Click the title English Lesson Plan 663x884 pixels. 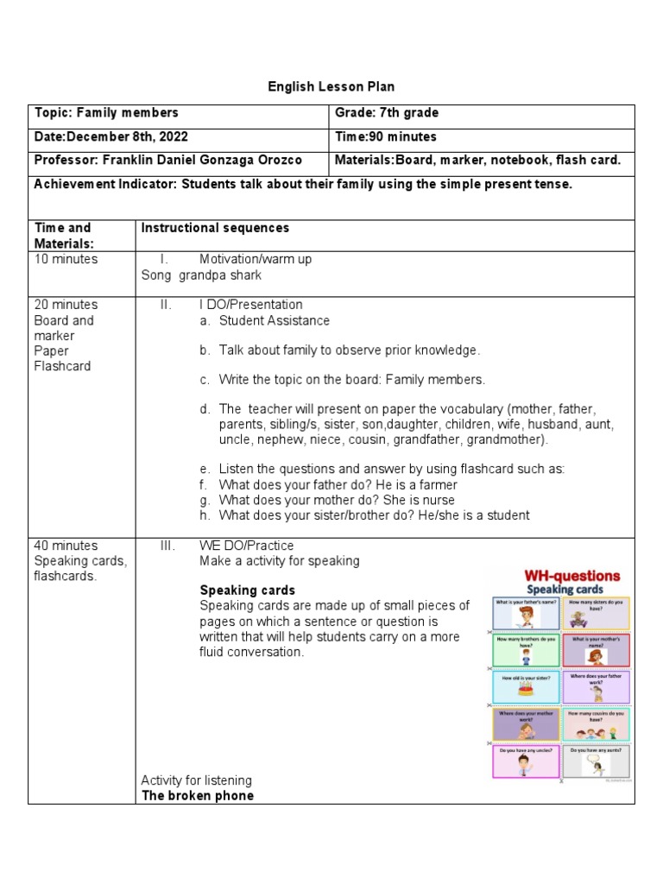pyautogui.click(x=331, y=86)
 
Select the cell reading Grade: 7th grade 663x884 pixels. pyautogui.click(x=386, y=113)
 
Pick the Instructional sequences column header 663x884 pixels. pyautogui.click(x=215, y=228)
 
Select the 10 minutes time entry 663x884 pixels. pyautogui.click(x=66, y=259)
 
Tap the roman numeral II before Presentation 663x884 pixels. pyautogui.click(x=166, y=305)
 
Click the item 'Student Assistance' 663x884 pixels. pyautogui.click(x=274, y=320)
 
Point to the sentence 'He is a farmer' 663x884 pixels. pyautogui.click(x=416, y=485)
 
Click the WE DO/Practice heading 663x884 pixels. pyautogui.click(x=246, y=546)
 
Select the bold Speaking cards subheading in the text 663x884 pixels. pyautogui.click(x=247, y=590)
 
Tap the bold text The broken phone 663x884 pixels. pyautogui.click(x=198, y=795)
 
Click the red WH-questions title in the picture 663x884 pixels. pyautogui.click(x=561, y=575)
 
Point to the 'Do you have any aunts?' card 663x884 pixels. pyautogui.click(x=596, y=761)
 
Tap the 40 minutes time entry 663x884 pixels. pyautogui.click(x=66, y=546)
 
